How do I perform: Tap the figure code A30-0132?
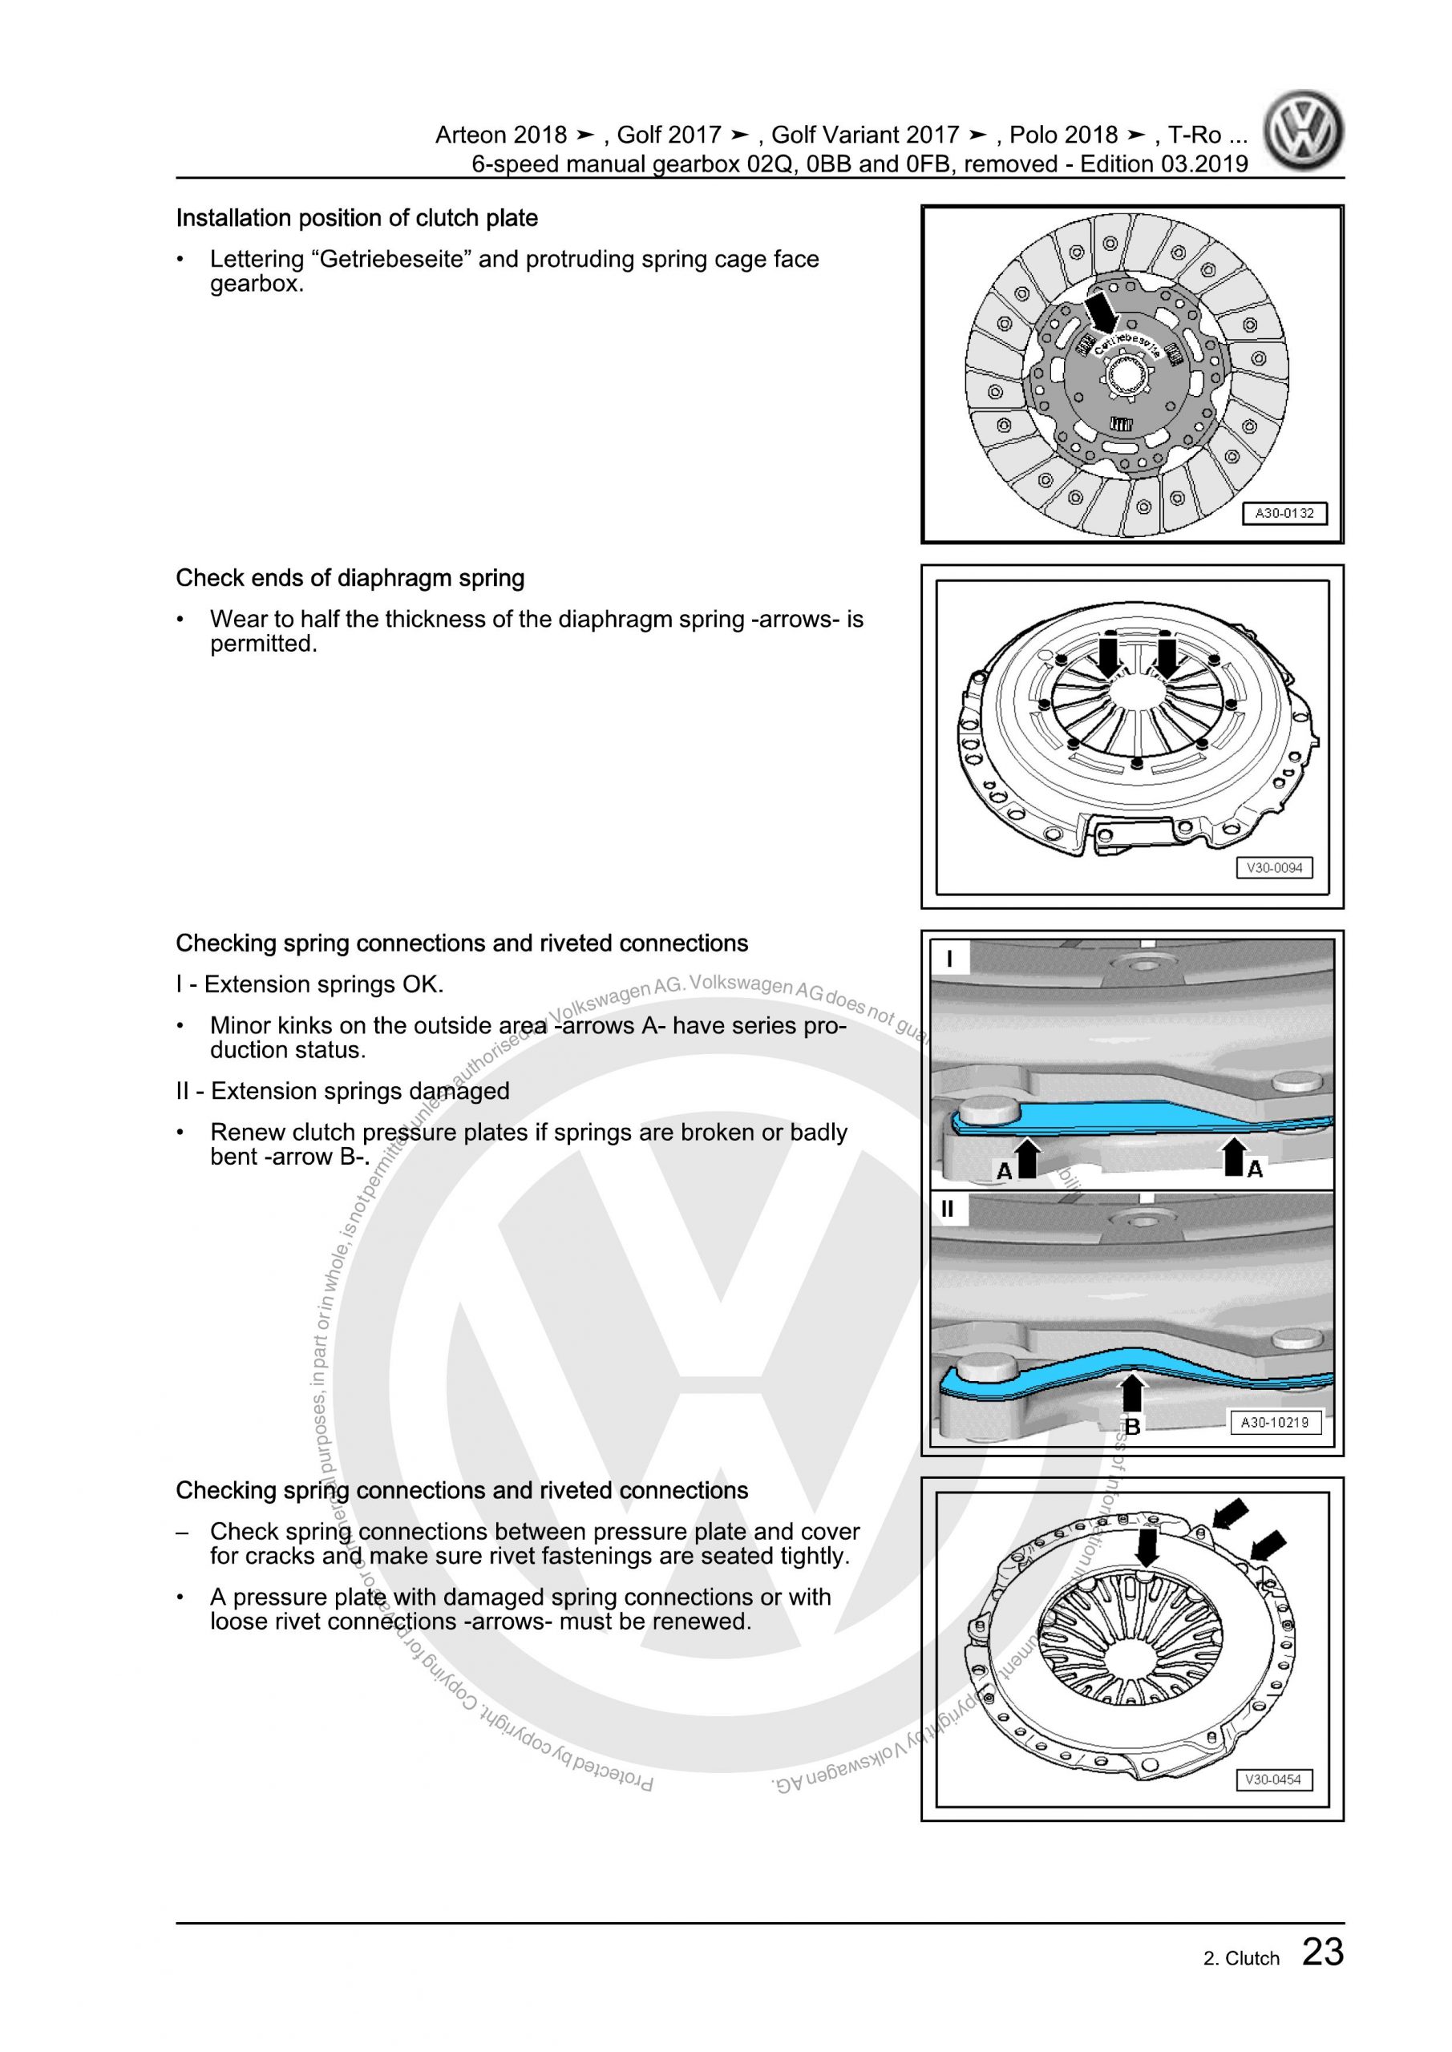1284,514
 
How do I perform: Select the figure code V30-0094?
1274,868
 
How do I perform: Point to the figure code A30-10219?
1274,1422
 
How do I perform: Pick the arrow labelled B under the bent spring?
1132,1400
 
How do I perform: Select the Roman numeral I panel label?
948,959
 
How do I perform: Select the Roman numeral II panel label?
948,1210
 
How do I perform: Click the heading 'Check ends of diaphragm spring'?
350,578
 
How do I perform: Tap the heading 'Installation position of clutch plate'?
357,218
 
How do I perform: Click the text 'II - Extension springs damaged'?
342,1091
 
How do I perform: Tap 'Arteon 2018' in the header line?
500,135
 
